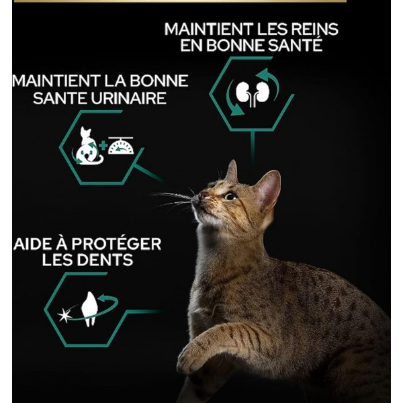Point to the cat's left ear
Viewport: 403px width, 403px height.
(x=231, y=172)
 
